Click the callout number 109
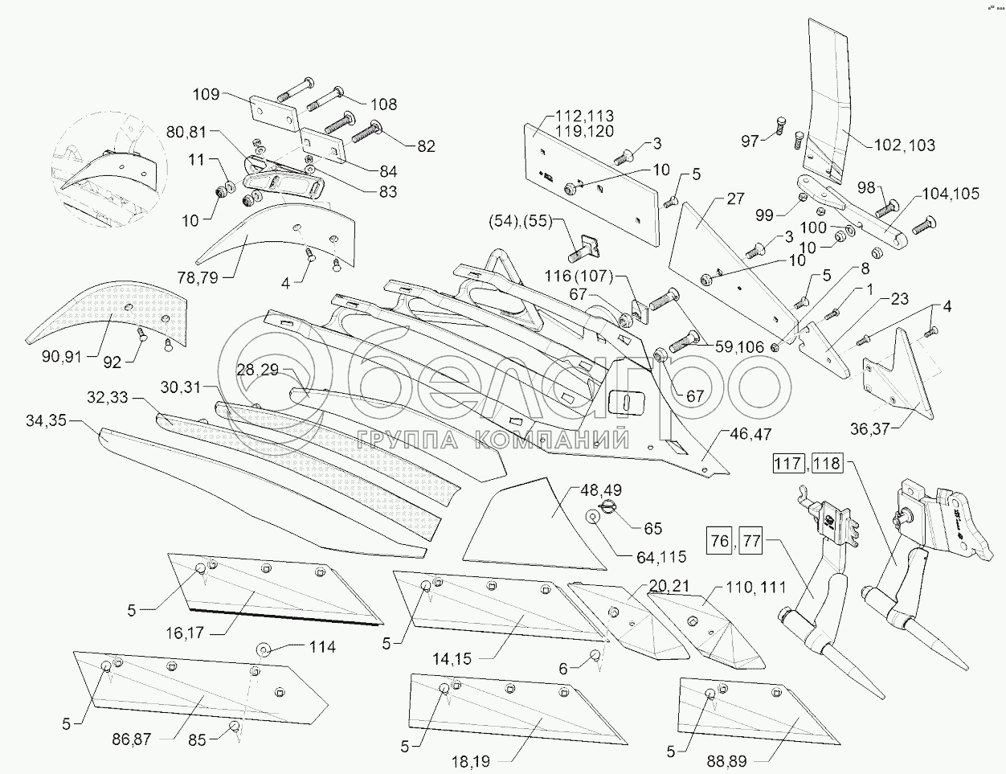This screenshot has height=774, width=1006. click(206, 94)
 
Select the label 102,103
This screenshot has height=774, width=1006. click(905, 145)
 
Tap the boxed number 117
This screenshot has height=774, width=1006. click(788, 464)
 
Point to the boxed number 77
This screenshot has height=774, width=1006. click(750, 540)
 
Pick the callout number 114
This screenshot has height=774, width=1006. click(322, 647)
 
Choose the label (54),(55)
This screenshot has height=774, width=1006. click(521, 221)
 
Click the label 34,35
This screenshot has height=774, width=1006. click(47, 421)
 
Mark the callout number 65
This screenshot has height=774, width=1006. click(652, 528)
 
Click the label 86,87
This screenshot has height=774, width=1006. click(132, 739)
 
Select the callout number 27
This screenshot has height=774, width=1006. click(736, 199)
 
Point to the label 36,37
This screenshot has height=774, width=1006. click(870, 428)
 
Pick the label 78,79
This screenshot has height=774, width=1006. click(198, 278)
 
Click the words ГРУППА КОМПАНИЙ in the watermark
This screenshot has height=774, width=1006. click(493, 439)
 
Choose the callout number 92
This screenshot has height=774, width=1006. click(112, 362)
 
